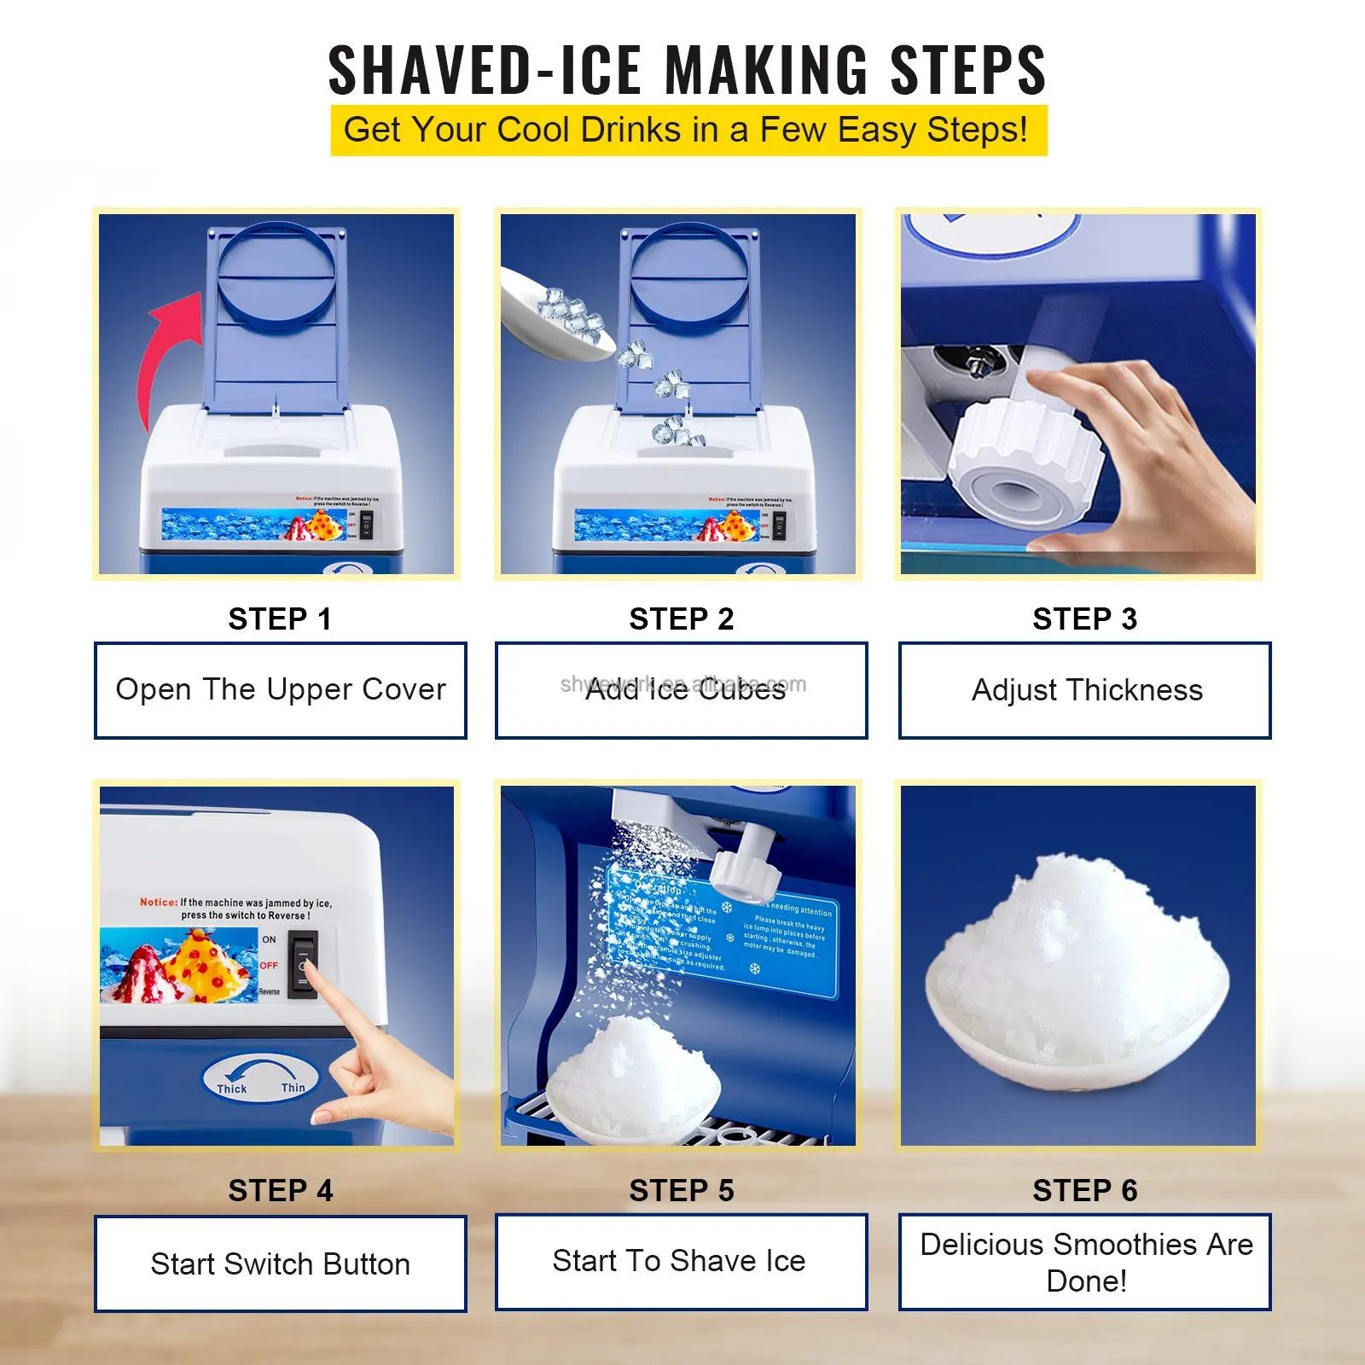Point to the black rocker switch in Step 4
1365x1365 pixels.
point(303,964)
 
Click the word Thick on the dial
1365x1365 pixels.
point(231,1089)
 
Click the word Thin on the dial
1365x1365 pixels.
point(293,1088)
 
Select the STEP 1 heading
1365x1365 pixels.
point(280,619)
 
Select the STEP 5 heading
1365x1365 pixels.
point(681,1190)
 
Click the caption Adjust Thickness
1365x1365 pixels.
point(1087,689)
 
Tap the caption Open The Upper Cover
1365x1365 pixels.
point(280,689)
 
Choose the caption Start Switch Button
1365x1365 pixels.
point(280,1263)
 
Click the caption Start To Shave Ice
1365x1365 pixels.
point(679,1260)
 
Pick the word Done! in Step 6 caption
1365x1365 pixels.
point(1086,1281)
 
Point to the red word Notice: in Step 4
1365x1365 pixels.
point(159,902)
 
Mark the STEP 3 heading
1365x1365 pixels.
point(1084,619)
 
